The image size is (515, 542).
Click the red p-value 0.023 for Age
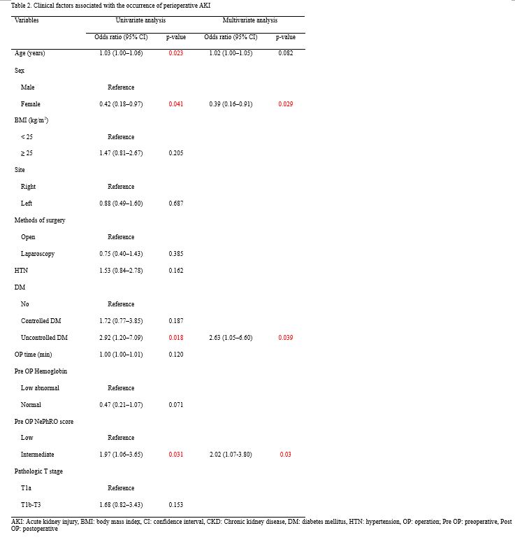tap(176, 53)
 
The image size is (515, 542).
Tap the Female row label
tap(31, 104)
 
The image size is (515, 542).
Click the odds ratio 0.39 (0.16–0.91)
tap(231, 104)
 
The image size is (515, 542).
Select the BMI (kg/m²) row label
tap(31, 120)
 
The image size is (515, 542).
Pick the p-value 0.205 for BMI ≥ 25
tap(176, 153)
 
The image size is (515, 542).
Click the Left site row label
tap(28, 204)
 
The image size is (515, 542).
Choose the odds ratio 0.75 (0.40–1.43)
tap(121, 254)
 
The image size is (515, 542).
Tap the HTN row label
tap(21, 271)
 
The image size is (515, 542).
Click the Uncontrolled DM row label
tap(44, 338)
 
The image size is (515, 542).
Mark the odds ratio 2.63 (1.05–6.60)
tap(231, 338)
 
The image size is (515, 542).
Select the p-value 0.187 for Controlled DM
tap(176, 321)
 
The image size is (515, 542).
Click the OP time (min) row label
tap(33, 355)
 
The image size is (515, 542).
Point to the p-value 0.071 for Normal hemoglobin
tap(176, 404)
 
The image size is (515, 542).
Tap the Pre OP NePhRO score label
tap(44, 421)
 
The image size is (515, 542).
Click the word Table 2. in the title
tap(21, 5)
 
